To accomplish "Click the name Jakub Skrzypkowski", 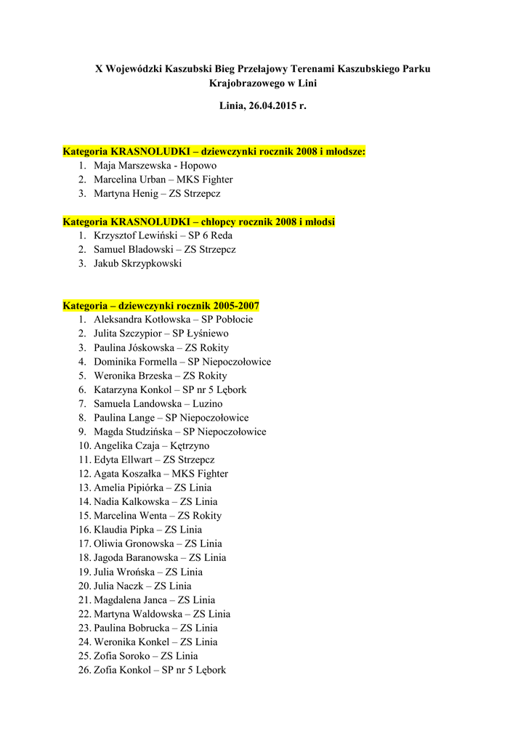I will tap(138, 264).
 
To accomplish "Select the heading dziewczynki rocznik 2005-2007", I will tap(161, 306).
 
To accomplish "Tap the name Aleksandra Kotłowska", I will tap(142, 320).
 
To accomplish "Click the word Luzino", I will tap(208, 404).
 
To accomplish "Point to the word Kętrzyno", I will tap(190, 446).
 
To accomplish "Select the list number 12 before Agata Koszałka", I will tap(84, 474).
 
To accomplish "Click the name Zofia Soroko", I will tap(121, 656).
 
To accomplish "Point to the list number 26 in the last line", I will tap(84, 671).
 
